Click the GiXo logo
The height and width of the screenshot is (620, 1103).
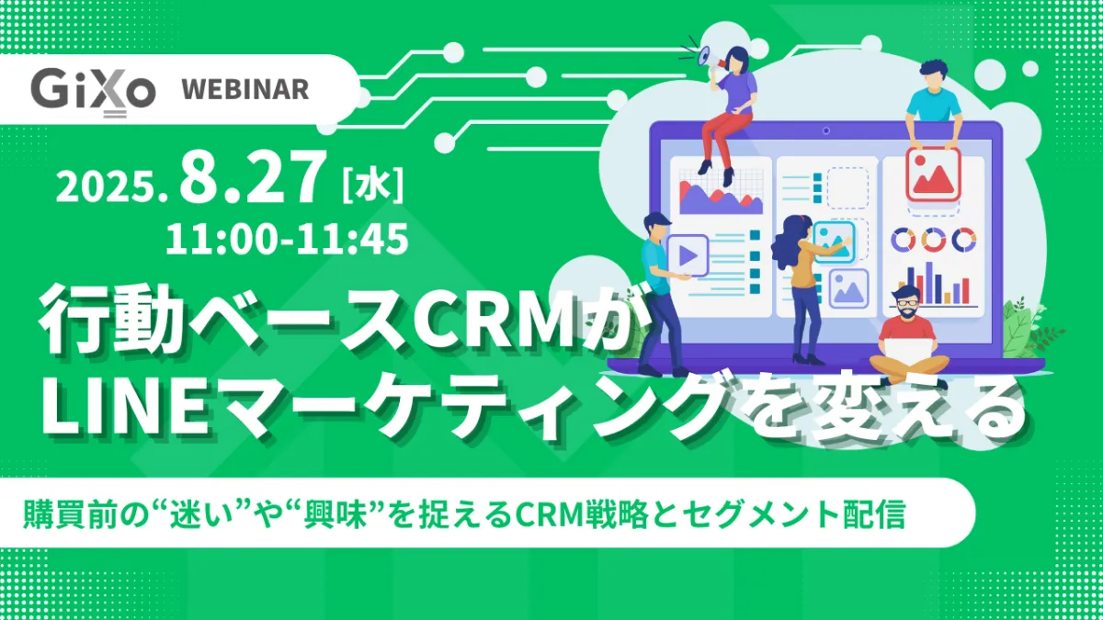point(93,93)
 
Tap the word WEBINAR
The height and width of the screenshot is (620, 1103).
point(245,90)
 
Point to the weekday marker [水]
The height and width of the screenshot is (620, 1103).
point(373,186)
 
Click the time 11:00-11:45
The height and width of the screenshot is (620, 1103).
point(287,239)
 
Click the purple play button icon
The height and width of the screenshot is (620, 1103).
point(688,255)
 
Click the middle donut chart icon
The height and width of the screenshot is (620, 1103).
point(934,240)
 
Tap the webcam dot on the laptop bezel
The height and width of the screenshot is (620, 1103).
point(825,130)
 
